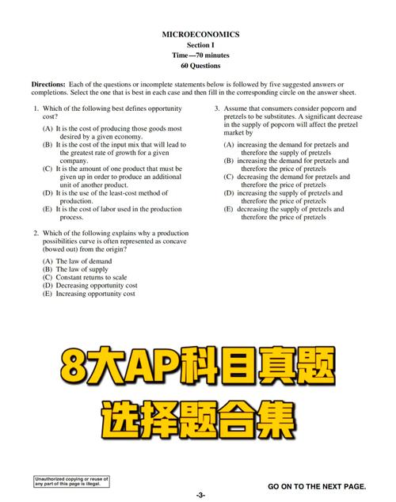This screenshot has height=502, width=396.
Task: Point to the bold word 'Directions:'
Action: (48, 84)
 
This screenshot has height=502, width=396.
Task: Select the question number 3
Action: (217, 108)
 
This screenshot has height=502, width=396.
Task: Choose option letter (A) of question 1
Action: (48, 128)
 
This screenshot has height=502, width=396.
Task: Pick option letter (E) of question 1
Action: (48, 209)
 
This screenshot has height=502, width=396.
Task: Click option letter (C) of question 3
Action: (229, 177)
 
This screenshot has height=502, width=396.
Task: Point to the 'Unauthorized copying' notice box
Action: (70, 482)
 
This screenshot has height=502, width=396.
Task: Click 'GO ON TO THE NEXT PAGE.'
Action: (318, 485)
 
